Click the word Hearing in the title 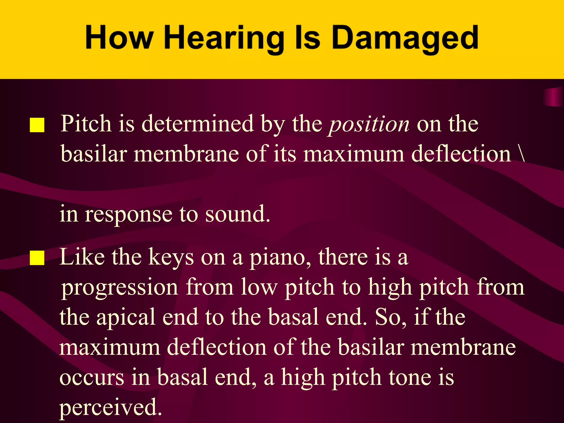pos(224,39)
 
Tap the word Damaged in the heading pos(405,39)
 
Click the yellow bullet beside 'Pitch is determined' pos(37,125)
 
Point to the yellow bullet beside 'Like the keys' pos(37,258)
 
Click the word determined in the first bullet pos(197,124)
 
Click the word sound pos(237,214)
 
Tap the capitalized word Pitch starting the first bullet pos(86,124)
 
